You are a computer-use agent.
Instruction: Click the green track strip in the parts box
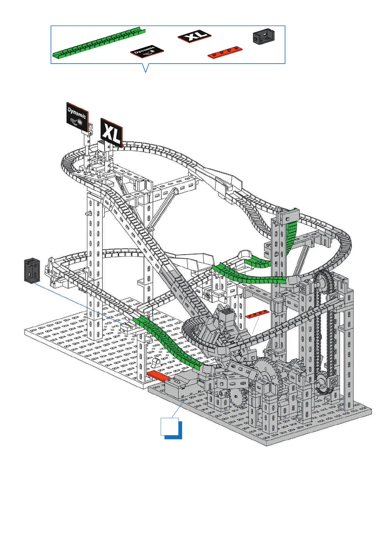tap(99, 43)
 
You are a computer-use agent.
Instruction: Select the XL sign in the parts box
tap(194, 36)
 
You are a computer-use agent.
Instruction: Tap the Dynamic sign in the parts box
tap(147, 51)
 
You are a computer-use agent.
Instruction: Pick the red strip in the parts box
tap(225, 52)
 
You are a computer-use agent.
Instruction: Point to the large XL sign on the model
tap(112, 133)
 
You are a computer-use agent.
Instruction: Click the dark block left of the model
tap(32, 270)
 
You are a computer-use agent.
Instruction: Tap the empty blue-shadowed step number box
tap(171, 428)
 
